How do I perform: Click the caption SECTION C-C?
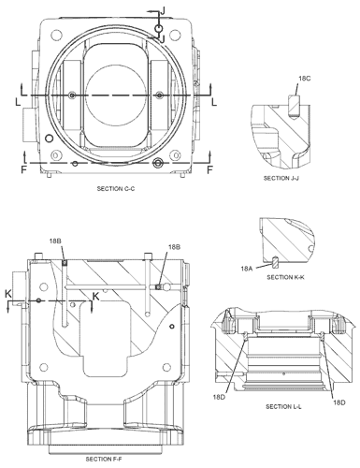(116, 189)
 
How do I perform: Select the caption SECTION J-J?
(281, 178)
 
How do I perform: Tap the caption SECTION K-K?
(285, 277)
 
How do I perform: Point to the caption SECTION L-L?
(283, 406)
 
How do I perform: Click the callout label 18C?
(305, 79)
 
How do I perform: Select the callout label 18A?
(247, 268)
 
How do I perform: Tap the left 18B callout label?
(55, 241)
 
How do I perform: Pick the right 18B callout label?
(174, 247)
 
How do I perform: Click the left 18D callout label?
(219, 397)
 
